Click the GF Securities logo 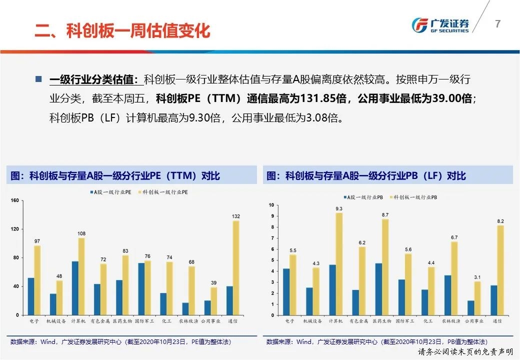[x=440, y=25]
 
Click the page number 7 [x=497, y=23]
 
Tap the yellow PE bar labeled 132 [x=235, y=268]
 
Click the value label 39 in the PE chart [x=213, y=282]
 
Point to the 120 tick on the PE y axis [x=14, y=229]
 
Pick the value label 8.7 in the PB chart [x=384, y=214]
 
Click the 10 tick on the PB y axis [x=271, y=205]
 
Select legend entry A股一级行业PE [x=111, y=192]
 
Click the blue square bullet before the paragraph [x=38, y=79]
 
